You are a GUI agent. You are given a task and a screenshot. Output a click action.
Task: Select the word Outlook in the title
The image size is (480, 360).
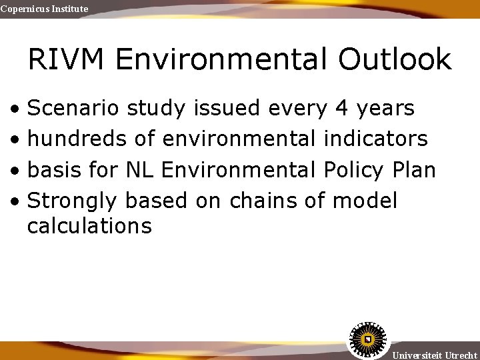click(395, 59)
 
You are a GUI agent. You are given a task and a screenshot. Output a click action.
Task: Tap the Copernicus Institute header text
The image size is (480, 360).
click(44, 9)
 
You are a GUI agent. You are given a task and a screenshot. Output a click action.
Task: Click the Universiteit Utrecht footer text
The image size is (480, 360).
click(435, 355)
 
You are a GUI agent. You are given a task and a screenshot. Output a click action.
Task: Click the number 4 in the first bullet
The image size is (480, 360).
click(342, 108)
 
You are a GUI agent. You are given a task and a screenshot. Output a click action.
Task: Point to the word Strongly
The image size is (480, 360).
click(72, 201)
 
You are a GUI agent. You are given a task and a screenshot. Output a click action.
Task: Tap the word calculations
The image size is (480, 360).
click(89, 226)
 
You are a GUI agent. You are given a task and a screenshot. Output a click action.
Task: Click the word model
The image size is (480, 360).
click(364, 200)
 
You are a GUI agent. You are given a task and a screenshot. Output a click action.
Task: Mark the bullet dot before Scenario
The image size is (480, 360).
click(14, 109)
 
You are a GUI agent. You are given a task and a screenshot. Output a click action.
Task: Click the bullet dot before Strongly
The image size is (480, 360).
click(14, 201)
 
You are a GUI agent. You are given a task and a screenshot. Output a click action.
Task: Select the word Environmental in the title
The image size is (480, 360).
click(223, 59)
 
